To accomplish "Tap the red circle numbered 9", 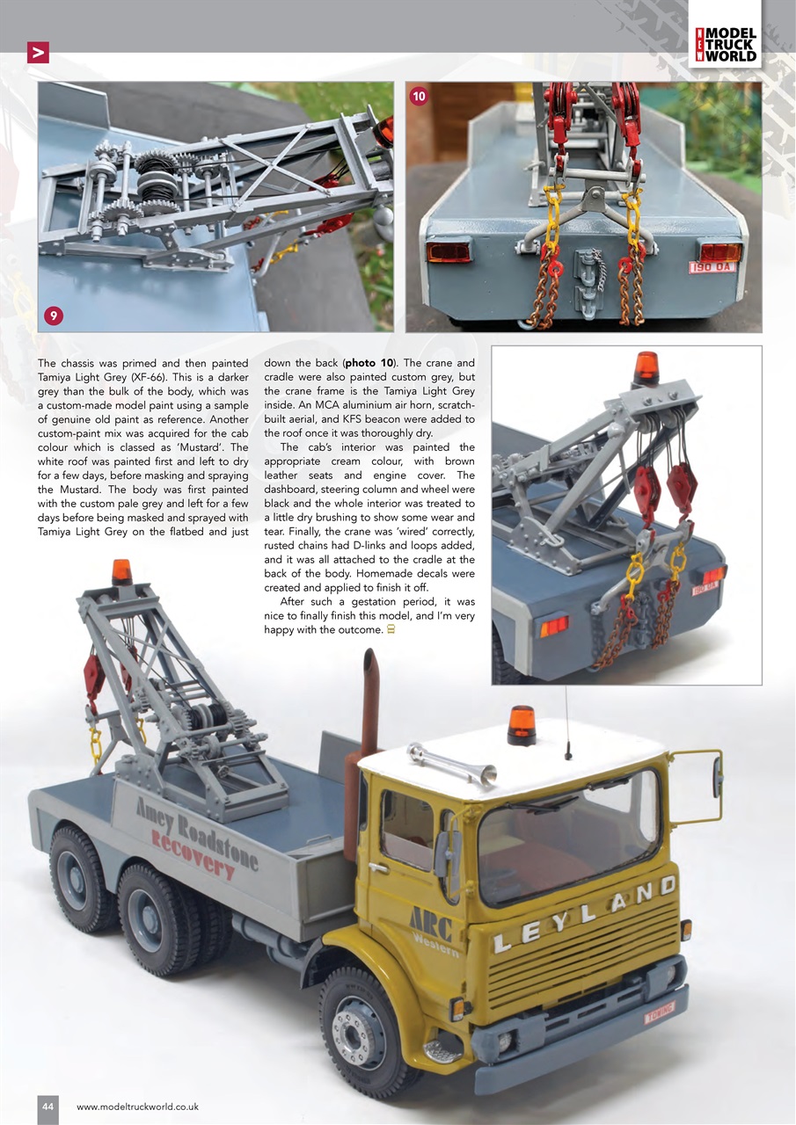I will point(55,314).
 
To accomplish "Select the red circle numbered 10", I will point(419,97).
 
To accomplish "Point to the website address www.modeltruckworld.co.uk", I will point(138,1107).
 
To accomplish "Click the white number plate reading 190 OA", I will point(712,266).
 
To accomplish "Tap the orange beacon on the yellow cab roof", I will point(522,725).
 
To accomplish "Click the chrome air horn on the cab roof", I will point(450,761).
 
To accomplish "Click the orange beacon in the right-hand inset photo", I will point(646,367).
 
